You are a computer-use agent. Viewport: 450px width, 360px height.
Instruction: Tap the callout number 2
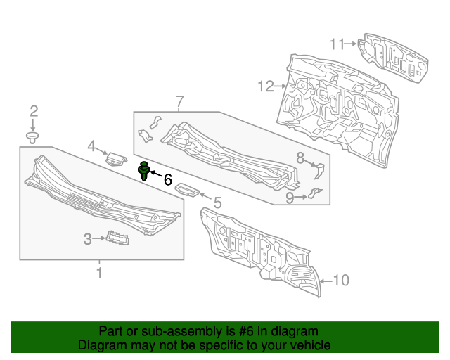[33, 110]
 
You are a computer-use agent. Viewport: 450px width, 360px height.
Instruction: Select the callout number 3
[88, 240]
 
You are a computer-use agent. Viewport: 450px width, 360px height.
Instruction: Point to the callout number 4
[91, 146]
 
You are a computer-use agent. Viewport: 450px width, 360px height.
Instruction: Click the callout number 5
[217, 203]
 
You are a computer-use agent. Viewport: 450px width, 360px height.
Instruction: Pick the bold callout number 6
[167, 179]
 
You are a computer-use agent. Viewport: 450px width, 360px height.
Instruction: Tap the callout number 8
[299, 157]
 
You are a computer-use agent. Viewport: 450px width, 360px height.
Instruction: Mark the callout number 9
[289, 198]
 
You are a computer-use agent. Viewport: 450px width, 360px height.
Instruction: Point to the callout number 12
[265, 86]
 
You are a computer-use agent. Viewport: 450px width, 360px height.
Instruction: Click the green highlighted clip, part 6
[144, 171]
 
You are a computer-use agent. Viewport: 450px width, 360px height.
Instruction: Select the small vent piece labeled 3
[117, 239]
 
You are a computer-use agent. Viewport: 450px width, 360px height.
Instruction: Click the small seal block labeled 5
[188, 188]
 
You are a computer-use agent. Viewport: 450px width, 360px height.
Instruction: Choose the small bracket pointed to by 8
[317, 170]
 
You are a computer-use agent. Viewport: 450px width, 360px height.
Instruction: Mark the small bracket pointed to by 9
[314, 193]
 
